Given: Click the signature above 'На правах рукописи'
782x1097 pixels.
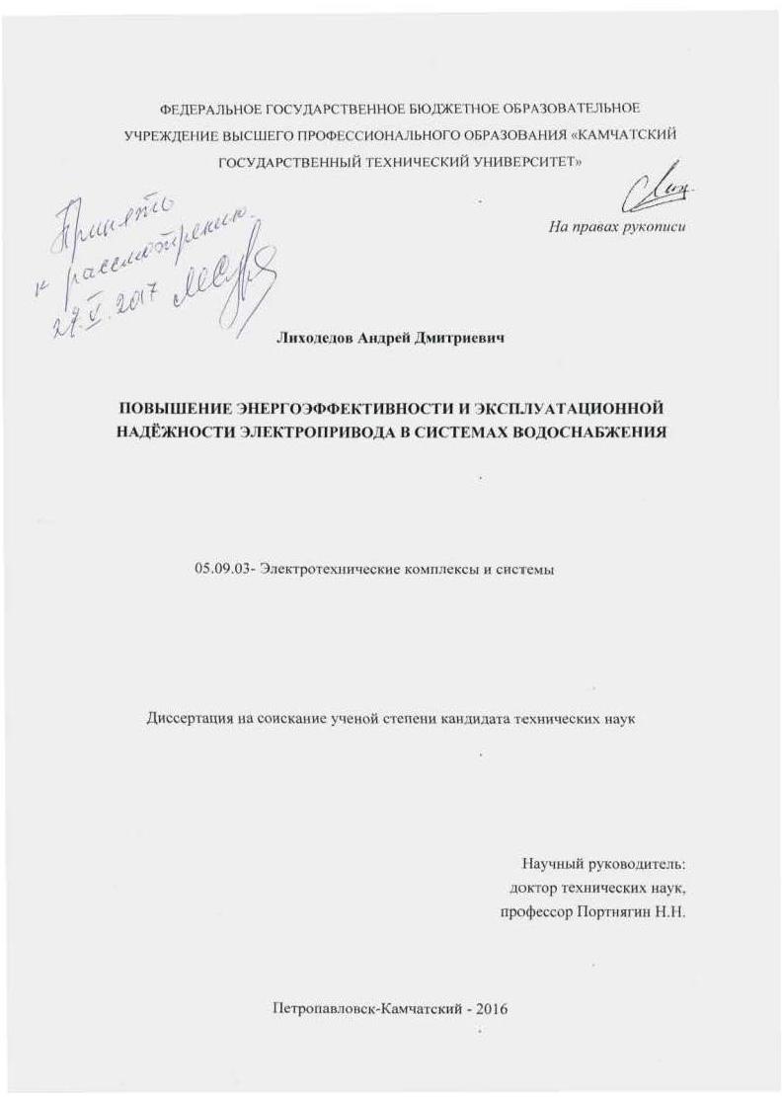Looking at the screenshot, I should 654,189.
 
